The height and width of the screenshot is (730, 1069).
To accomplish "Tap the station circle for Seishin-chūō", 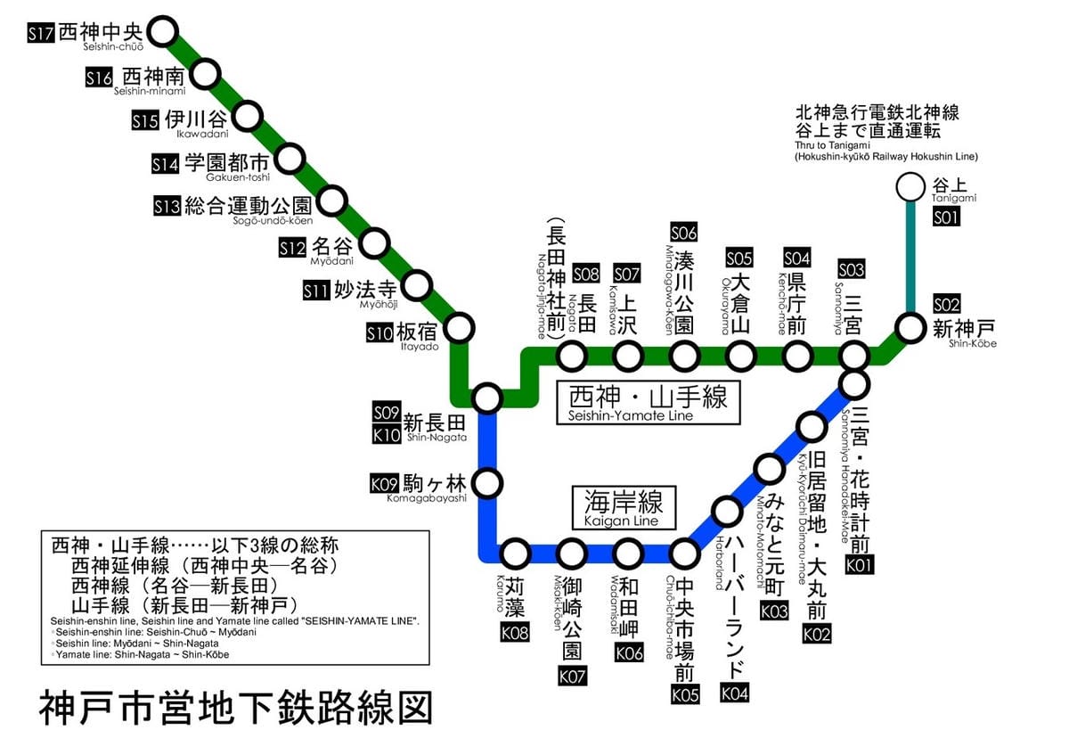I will (x=162, y=31).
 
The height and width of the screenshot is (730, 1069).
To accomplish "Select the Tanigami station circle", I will (x=910, y=187).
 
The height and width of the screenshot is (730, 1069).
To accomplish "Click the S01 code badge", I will (x=946, y=217).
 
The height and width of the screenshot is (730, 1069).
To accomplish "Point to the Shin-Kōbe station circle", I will (x=910, y=327).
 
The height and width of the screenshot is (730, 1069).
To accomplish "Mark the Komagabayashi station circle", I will (x=487, y=484).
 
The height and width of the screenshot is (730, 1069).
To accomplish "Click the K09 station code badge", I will (x=383, y=484).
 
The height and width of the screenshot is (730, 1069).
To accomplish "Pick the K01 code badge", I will (x=861, y=564).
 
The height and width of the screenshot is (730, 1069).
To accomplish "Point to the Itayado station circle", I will (x=460, y=327).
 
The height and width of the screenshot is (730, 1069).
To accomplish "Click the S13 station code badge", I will (x=167, y=207).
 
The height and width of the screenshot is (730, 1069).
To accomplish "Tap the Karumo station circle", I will (x=516, y=554).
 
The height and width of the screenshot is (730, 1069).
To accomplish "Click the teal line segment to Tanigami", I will (x=910, y=258).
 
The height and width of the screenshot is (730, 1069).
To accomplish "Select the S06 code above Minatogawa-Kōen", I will (x=684, y=233).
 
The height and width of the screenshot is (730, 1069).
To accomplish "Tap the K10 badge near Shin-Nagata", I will (x=386, y=436).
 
